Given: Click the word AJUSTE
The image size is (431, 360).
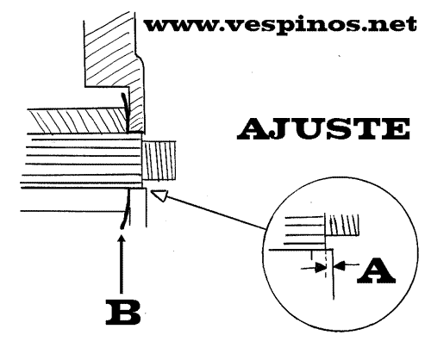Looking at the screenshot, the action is [x=323, y=129].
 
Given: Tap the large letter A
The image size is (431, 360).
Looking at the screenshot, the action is [x=376, y=270].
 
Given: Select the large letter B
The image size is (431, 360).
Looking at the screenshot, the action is [x=123, y=313].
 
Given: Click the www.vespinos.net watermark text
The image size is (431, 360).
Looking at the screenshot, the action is [x=280, y=25].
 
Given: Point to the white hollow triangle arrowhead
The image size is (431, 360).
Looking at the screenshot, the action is [x=159, y=196].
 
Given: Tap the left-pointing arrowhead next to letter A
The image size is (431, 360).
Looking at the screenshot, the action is [x=340, y=265].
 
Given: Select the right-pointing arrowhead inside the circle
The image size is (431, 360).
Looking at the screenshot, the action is [x=321, y=268].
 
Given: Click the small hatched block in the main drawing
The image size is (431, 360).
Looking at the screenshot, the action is [x=159, y=161].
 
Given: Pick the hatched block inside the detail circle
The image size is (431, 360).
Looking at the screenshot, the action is [x=342, y=225].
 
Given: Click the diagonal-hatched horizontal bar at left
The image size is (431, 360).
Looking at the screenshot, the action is [x=78, y=121].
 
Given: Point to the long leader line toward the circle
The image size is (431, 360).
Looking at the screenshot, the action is [x=216, y=213].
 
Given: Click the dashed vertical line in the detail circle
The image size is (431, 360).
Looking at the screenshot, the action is [x=326, y=264].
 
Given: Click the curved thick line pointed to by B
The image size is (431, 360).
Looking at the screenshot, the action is [x=126, y=208].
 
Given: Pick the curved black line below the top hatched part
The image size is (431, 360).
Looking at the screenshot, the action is [x=125, y=112].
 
